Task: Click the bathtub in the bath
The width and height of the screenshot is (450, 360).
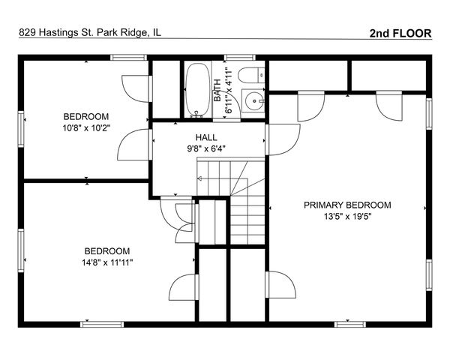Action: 198,90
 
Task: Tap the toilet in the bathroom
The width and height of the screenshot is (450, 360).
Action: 251,75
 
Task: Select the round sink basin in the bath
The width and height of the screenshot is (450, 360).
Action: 254,101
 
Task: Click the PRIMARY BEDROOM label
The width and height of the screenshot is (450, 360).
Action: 347,205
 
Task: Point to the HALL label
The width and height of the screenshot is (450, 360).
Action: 206,137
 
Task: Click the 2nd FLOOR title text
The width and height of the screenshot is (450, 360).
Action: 400,33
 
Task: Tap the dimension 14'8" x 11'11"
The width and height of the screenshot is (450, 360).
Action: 107,262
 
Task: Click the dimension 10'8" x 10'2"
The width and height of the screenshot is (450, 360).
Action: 86,127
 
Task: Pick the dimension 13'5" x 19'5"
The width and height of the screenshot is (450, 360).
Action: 347,217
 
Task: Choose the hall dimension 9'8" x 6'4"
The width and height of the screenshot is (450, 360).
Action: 206,148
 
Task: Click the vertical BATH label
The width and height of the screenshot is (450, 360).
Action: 217,90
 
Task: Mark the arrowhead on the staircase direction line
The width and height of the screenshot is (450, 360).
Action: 199,178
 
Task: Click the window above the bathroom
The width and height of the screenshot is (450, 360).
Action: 240,58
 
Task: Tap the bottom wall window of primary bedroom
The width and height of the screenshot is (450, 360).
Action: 349,325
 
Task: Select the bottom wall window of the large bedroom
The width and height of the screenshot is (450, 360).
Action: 102,325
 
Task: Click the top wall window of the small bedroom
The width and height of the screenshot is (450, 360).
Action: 129,58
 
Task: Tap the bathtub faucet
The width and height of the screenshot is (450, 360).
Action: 196,114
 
